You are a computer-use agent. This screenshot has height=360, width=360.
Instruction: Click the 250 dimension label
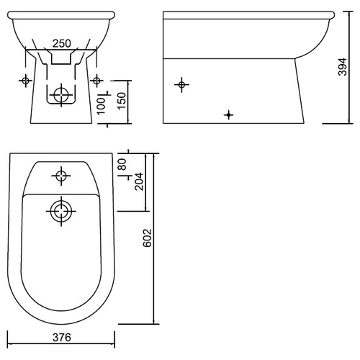pyautogui.click(x=62, y=43)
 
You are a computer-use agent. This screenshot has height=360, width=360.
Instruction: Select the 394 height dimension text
pyautogui.click(x=343, y=67)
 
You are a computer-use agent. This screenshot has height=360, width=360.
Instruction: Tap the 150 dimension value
pyautogui.click(x=122, y=100)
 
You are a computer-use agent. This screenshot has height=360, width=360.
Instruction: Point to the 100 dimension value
pyautogui.click(x=102, y=106)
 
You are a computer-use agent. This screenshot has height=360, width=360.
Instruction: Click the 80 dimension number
pyautogui.click(x=122, y=164)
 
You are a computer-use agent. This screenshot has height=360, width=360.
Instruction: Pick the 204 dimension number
pyautogui.click(x=139, y=181)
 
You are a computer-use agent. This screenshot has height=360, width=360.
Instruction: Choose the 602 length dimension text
pyautogui.click(x=147, y=238)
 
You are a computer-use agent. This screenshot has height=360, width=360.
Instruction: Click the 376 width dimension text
pyautogui.click(x=62, y=338)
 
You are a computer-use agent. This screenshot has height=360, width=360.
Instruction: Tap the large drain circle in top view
pyautogui.click(x=61, y=211)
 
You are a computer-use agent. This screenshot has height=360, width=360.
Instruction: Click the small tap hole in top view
pyautogui.click(x=61, y=176)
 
